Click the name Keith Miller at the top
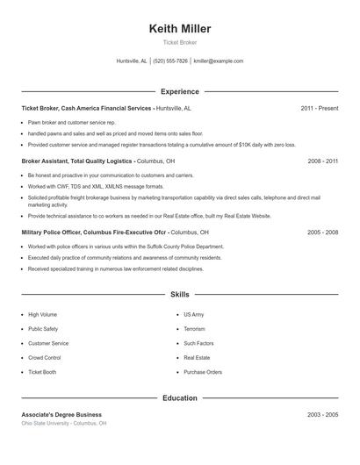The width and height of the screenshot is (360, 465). pos(180,29)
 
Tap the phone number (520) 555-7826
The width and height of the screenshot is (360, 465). pos(170,61)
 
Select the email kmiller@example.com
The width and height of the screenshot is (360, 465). pos(218,61)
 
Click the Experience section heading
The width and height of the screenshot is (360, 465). pos(180,91)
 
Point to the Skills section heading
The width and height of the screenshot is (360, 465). pos(180,295)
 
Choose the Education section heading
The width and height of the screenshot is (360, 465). pos(180,397)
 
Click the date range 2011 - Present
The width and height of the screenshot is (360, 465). pos(319,108)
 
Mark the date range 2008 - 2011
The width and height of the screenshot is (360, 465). pos(322,161)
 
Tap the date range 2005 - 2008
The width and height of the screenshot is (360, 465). pos(322,232)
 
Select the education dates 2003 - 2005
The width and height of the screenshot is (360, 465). pos(322,414)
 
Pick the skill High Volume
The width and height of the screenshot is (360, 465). pos(42,314)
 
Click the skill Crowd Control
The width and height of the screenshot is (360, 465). pos(44,358)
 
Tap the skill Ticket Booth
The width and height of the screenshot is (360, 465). pos(42,372)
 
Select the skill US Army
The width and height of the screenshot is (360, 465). pos(193,314)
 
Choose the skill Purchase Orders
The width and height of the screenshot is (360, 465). pos(202,372)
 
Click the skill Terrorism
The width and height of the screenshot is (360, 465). pos(196,329)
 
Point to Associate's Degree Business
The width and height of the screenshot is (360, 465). pos(61,414)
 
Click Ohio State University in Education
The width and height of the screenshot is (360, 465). pos(47,423)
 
